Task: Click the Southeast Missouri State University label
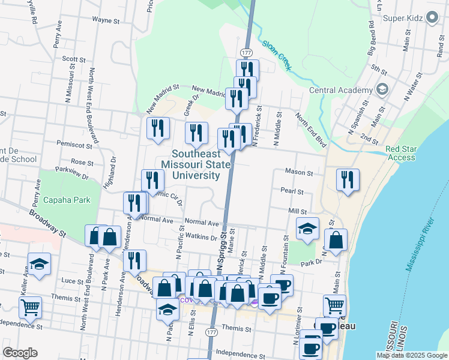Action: coord(196,164)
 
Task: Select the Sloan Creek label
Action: coord(276,55)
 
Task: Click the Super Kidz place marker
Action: coord(432,19)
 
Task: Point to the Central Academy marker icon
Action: coord(382,90)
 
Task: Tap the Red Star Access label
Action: coord(401,153)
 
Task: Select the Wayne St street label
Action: coord(107,20)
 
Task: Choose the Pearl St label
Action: coord(292,191)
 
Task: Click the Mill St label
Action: coord(297,211)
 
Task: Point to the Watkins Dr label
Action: coord(201,237)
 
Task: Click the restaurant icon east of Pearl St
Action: coord(348,179)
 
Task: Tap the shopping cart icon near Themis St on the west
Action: coord(30,307)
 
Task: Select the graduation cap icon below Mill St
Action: coord(307,229)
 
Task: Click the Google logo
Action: coord(20,353)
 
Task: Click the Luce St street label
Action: coord(72,281)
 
